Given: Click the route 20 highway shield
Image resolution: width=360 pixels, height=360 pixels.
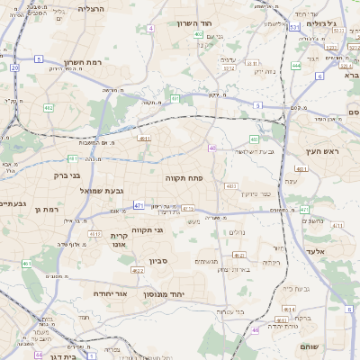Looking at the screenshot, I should pyautogui.click(x=14, y=67).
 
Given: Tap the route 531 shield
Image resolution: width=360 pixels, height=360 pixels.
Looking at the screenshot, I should pyautogui.click(x=294, y=28).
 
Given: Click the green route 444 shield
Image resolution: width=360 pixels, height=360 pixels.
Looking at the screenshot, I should pyautogui.click(x=296, y=65).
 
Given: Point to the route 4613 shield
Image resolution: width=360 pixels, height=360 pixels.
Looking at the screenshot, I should pyautogui.click(x=94, y=233).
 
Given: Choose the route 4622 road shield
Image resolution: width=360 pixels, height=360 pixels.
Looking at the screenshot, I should pyautogui.click(x=239, y=256).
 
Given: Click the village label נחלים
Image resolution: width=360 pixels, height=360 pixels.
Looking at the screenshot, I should pyautogui.click(x=237, y=232).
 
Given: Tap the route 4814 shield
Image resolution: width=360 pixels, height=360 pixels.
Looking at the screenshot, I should pyautogui.click(x=290, y=309).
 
